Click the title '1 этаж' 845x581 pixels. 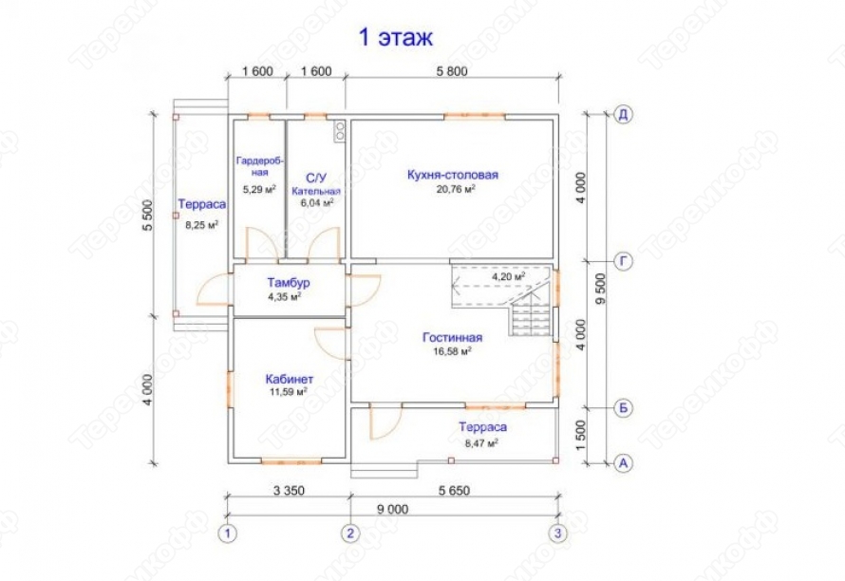click(396, 38)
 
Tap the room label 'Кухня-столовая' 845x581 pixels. click(453, 175)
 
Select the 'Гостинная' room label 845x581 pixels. click(452, 338)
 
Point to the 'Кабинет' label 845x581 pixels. click(290, 379)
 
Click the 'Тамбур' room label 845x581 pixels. click(289, 282)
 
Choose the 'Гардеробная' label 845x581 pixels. click(260, 166)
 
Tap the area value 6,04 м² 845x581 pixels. click(317, 202)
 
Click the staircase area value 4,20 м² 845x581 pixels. click(508, 276)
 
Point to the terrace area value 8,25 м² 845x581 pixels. click(201, 225)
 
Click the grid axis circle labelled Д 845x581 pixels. click(623, 114)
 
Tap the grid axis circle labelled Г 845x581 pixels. click(623, 262)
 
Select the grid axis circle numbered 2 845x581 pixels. click(350, 534)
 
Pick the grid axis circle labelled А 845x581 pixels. click(623, 463)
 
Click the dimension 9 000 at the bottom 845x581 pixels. click(392, 509)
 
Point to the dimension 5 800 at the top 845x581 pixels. click(451, 71)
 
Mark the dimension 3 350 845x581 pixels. click(289, 491)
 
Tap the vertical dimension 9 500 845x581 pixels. click(601, 289)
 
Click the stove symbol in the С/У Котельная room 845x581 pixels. click(340, 132)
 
